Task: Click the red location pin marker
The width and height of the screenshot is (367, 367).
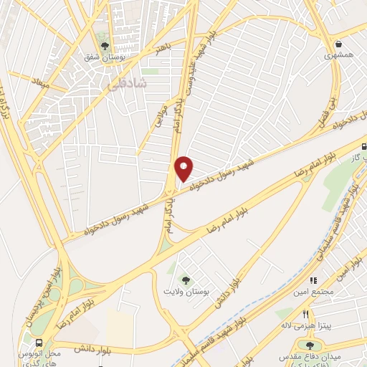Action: tap(184, 168)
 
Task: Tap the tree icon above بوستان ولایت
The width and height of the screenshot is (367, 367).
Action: tap(186, 281)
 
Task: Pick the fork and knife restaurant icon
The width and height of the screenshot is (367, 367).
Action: tap(306, 315)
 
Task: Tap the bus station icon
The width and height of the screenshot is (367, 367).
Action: tap(39, 343)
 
